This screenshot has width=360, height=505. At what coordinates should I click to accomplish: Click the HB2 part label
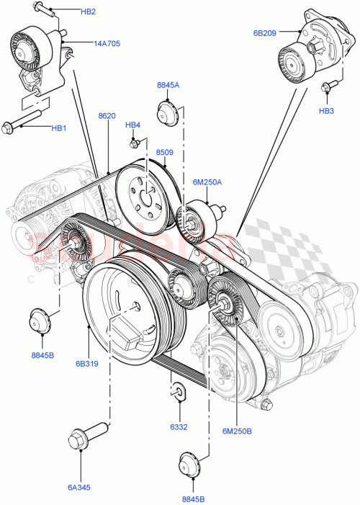88,12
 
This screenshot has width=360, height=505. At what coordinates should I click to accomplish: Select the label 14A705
107,43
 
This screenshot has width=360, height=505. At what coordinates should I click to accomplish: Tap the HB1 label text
58,128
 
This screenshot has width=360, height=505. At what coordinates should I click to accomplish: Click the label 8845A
168,86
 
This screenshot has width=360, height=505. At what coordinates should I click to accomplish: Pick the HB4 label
132,125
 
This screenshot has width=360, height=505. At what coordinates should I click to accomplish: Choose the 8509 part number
165,152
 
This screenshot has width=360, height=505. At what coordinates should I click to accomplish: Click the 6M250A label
207,182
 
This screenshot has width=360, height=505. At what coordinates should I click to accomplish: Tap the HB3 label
326,111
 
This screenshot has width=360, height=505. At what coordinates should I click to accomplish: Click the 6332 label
179,426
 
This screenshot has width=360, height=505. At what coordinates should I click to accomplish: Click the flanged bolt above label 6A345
80,439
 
